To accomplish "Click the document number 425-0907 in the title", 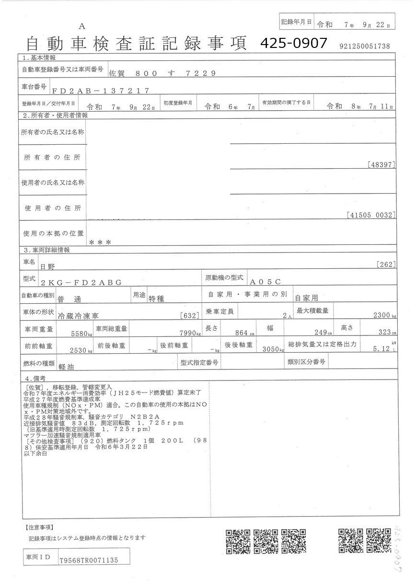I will [293, 44].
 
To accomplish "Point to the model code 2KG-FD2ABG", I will [81, 282].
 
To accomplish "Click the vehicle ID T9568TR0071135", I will [88, 560].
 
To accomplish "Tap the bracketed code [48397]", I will [382, 164].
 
